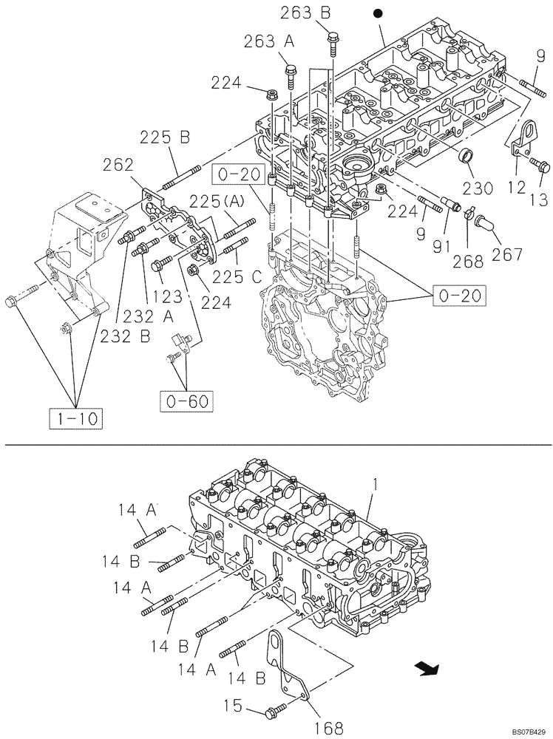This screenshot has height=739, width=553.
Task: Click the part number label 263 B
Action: point(306,12)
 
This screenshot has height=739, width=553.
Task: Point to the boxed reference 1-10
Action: point(76,419)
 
